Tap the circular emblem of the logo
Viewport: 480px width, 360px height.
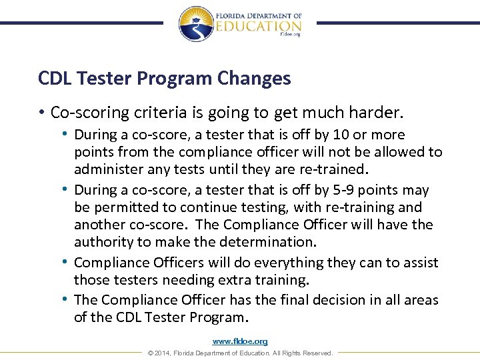coord(196,24)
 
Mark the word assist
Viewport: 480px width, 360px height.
coord(419,263)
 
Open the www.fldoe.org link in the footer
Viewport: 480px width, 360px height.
coord(240,341)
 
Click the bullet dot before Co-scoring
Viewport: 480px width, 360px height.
coord(42,111)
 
